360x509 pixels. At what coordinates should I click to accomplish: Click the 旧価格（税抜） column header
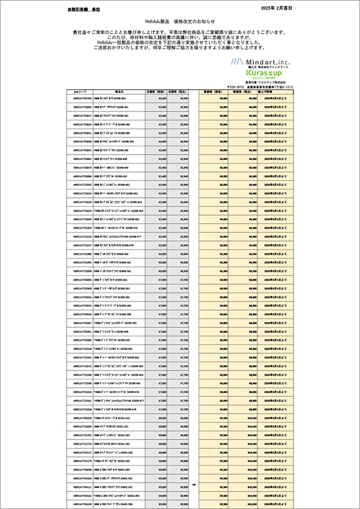click(158, 92)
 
